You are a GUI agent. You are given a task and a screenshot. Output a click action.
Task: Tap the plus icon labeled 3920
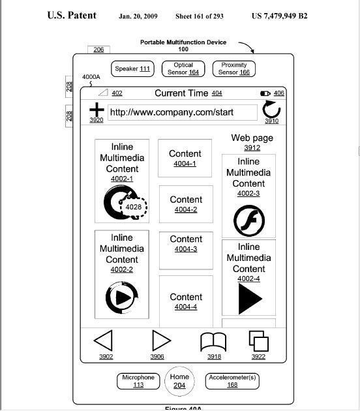pyautogui.click(x=97, y=110)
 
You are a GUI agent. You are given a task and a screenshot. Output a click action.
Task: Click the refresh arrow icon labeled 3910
pyautogui.click(x=271, y=110)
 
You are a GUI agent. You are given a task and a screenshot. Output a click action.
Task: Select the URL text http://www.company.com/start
pyautogui.click(x=172, y=112)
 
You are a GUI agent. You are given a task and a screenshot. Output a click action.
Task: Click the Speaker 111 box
pyautogui.click(x=132, y=68)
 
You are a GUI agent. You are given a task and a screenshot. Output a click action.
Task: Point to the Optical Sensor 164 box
pyautogui.click(x=183, y=68)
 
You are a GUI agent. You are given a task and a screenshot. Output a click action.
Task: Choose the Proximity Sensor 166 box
pyautogui.click(x=234, y=68)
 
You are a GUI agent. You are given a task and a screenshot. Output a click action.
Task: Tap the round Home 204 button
pyautogui.click(x=179, y=381)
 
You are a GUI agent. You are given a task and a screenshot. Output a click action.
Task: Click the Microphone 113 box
pyautogui.click(x=138, y=381)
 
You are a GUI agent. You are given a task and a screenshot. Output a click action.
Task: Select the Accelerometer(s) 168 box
pyautogui.click(x=232, y=381)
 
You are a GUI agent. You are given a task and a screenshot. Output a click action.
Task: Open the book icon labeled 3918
pyautogui.click(x=213, y=342)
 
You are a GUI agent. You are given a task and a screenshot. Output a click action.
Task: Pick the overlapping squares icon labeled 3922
pyautogui.click(x=259, y=341)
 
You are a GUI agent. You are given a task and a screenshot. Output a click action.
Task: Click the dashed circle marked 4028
pyautogui.click(x=133, y=207)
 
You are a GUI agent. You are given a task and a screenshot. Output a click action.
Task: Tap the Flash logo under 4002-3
pyautogui.click(x=249, y=221)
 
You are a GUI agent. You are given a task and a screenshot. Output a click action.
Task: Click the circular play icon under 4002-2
pyautogui.click(x=122, y=297)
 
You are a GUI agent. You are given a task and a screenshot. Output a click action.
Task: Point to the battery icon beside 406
pyautogui.click(x=265, y=93)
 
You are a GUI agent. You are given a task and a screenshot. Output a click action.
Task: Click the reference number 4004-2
pyautogui.click(x=186, y=209)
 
